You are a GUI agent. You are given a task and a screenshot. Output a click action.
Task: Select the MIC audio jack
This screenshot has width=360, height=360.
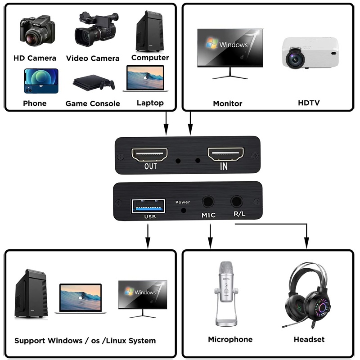(208, 202)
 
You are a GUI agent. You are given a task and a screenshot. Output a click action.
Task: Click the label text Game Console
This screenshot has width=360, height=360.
(93, 103)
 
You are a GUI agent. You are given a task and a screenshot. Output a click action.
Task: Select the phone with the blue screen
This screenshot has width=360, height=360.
(41, 81)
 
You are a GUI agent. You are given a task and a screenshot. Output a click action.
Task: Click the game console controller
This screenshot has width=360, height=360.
(108, 85)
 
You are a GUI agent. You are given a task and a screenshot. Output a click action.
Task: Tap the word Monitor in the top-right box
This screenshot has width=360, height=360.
(228, 103)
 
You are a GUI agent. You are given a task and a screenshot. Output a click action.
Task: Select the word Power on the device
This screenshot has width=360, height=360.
(183, 202)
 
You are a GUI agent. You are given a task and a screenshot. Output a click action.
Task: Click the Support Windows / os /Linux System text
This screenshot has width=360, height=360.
(85, 341)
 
